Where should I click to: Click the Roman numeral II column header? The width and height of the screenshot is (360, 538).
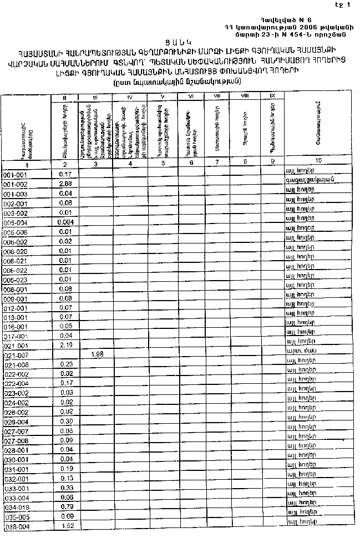pyautogui.click(x=65, y=98)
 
